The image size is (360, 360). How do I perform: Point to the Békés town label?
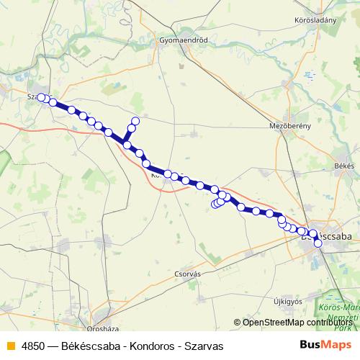tap(345, 166)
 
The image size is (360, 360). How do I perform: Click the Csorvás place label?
tap(186, 274)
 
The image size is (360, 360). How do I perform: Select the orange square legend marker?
tap(11, 346)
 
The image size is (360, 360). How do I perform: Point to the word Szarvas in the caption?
tap(203, 346)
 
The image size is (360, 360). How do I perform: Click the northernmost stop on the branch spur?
tap(135, 121)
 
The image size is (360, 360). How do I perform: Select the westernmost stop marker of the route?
tap(41, 97)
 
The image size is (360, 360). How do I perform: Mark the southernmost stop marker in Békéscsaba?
tap(318, 243)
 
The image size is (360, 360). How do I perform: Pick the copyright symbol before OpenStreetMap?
tap(238, 323)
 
